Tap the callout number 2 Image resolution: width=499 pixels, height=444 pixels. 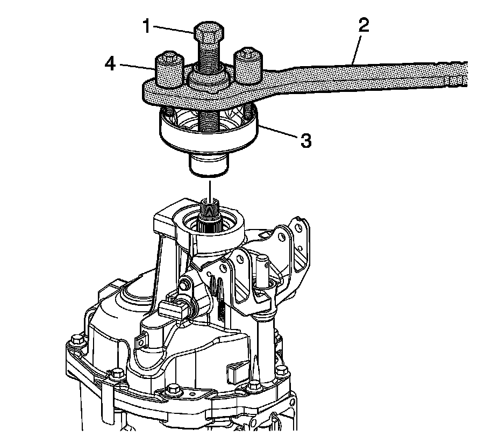pos(363,26)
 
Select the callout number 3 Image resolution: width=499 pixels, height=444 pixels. pos(305,142)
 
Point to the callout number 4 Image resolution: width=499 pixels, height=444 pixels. pos(110,65)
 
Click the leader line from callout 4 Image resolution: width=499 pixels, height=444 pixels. pos(138,67)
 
